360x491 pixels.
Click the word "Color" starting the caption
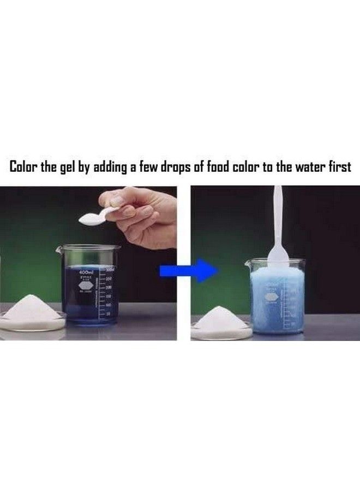point(25,166)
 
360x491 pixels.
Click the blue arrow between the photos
point(189,271)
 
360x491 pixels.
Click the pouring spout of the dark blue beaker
point(59,249)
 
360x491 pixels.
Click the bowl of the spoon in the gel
point(278,255)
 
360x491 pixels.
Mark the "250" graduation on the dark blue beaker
point(109,278)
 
